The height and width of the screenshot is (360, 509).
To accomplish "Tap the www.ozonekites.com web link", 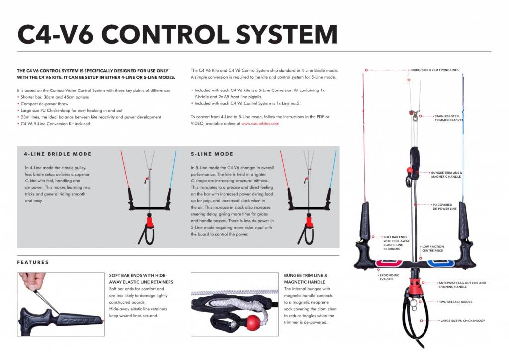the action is (x=260, y=123).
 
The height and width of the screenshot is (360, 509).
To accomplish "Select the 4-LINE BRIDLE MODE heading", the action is (x=58, y=154).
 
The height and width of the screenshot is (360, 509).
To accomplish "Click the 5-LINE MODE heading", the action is (x=212, y=154).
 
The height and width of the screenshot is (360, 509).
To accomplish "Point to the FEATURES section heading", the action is (x=33, y=262).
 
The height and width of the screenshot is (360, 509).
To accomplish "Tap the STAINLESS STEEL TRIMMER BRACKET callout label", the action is (x=448, y=118).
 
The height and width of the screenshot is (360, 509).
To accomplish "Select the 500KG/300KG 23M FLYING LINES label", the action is (x=434, y=70).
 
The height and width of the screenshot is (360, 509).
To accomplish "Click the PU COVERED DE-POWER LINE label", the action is (x=444, y=207).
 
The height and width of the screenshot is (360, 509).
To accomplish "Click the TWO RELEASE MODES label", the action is (x=455, y=302).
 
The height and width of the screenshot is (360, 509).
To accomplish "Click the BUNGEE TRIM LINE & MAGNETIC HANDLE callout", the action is (x=446, y=175).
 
